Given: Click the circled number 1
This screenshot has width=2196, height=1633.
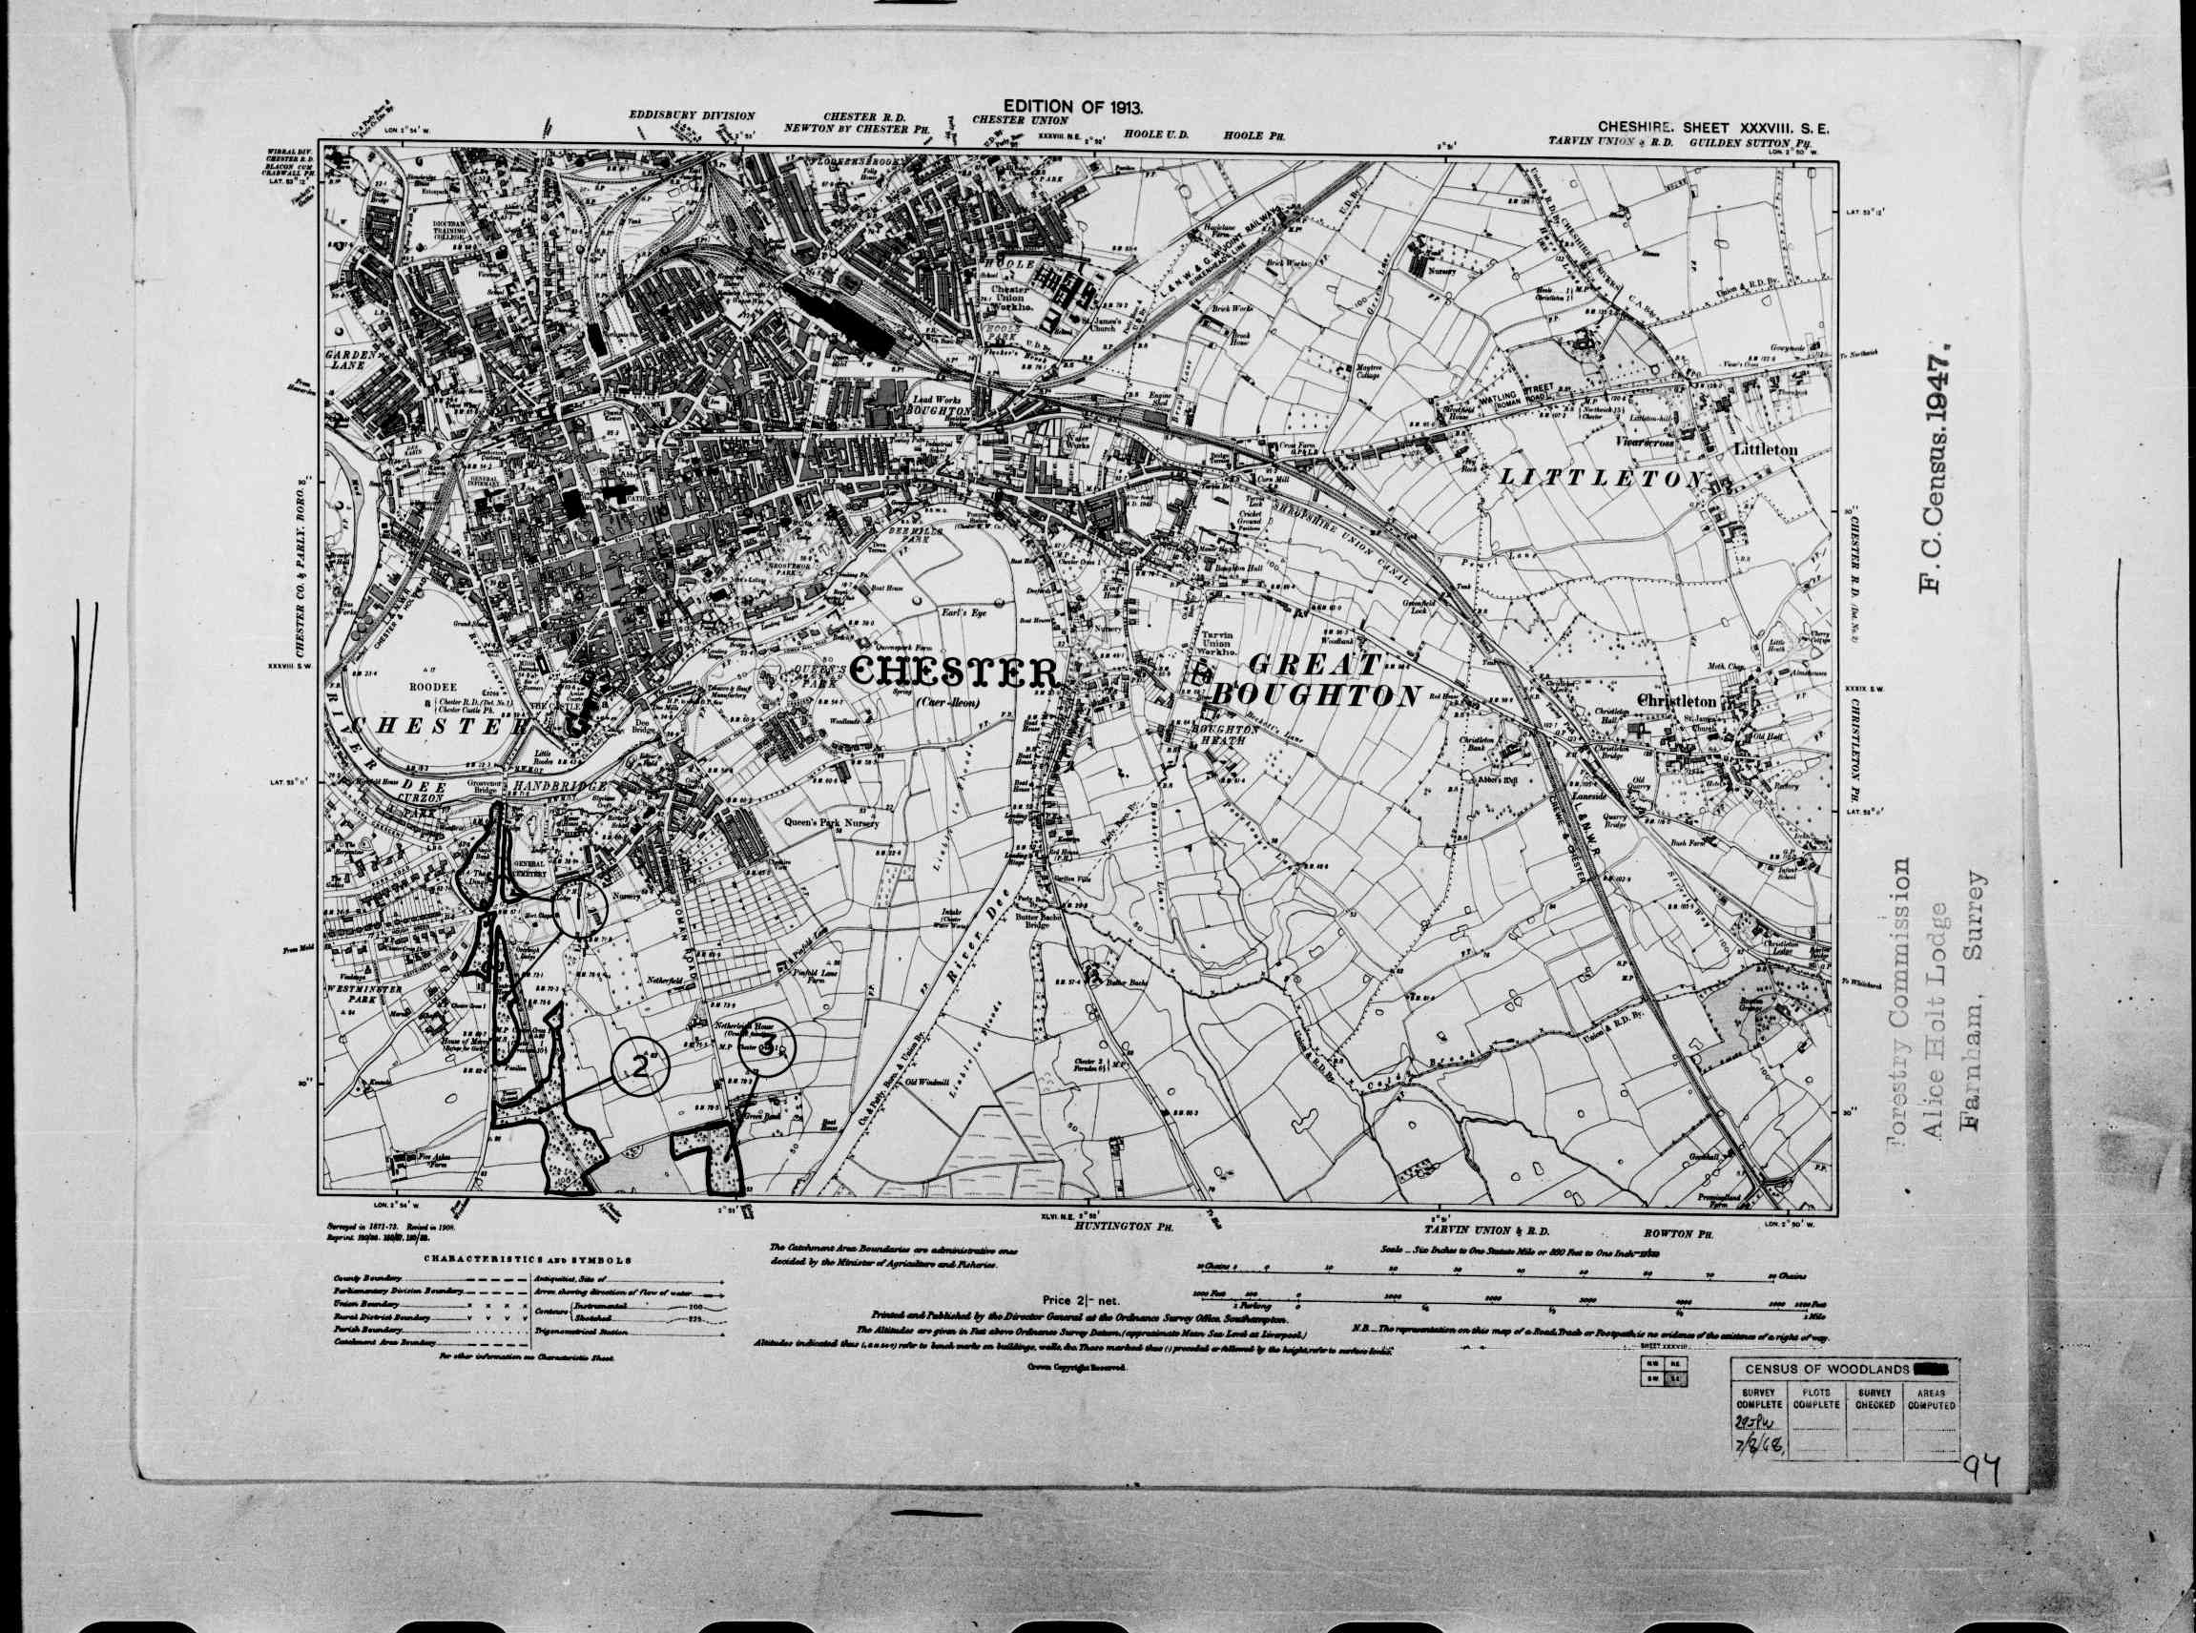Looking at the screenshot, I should pyautogui.click(x=577, y=909).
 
